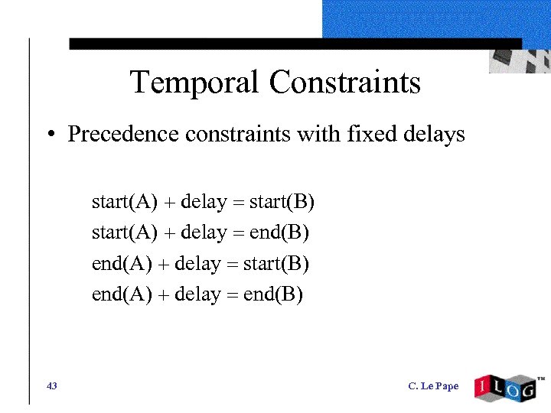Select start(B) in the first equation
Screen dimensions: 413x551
point(282,203)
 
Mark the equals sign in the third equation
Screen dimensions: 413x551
point(231,265)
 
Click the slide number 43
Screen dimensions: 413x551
point(51,386)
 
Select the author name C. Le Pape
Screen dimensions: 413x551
point(433,386)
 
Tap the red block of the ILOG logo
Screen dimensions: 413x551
point(484,388)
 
